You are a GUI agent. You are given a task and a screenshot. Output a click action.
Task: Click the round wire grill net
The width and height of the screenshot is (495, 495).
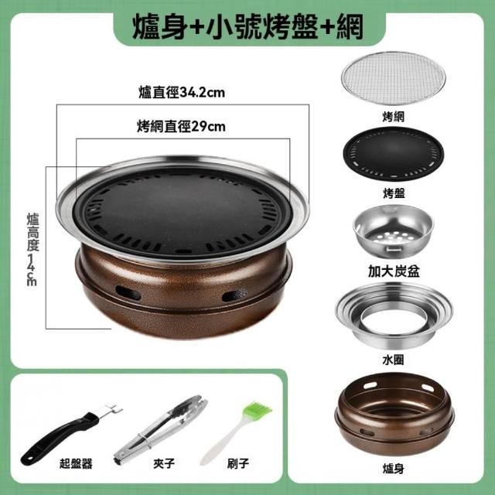click(x=393, y=78)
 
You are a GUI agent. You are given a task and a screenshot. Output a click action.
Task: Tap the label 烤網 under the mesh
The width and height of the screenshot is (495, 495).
click(x=393, y=117)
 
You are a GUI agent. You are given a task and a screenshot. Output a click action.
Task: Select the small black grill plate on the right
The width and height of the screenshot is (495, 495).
click(x=394, y=154)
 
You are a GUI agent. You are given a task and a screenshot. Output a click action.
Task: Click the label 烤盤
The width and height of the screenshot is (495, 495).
click(x=394, y=193)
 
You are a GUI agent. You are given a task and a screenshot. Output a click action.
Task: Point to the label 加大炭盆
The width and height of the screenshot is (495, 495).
click(x=394, y=271)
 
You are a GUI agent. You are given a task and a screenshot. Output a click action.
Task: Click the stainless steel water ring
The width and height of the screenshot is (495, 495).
click(x=394, y=315)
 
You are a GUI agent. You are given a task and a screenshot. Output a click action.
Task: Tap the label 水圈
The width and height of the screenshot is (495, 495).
click(x=393, y=360)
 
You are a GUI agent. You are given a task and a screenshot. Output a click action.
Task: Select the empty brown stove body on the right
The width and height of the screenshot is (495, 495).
click(x=394, y=414)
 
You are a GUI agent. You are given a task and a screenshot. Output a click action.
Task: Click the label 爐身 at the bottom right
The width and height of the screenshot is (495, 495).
click(x=393, y=469)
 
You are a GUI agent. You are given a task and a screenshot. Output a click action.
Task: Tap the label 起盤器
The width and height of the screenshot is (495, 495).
click(x=76, y=463)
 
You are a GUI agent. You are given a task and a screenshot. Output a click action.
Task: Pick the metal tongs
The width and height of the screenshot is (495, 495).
click(x=160, y=429)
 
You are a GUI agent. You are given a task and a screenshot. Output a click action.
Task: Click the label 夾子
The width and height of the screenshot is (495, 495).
click(x=164, y=463)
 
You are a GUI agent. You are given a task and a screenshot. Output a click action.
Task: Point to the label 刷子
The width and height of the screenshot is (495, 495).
click(x=238, y=463)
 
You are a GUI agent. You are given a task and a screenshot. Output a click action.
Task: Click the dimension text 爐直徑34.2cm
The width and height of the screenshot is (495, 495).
click(x=182, y=93)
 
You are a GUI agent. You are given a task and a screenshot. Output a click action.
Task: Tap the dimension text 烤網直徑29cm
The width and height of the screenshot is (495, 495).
click(x=181, y=127)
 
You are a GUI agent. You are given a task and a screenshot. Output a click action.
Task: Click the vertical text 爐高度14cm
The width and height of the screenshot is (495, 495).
click(x=32, y=249)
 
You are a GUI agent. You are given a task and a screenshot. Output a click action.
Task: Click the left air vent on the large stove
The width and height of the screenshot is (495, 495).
click(x=128, y=293)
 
